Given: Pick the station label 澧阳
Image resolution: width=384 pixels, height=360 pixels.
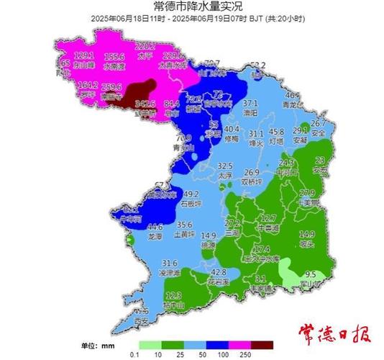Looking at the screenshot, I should pyautogui.click(x=250, y=112).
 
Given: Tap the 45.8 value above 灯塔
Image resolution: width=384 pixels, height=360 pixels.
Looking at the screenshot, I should pyautogui.click(x=276, y=132).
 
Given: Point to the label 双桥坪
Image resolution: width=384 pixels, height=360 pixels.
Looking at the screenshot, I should pyautogui.click(x=252, y=183).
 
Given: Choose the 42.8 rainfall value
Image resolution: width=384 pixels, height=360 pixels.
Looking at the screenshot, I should pyautogui.click(x=219, y=272).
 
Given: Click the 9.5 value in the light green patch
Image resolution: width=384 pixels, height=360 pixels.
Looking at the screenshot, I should pyautogui.click(x=311, y=274).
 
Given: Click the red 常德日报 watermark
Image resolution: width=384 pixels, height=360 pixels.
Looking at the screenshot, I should pyautogui.click(x=335, y=335).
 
